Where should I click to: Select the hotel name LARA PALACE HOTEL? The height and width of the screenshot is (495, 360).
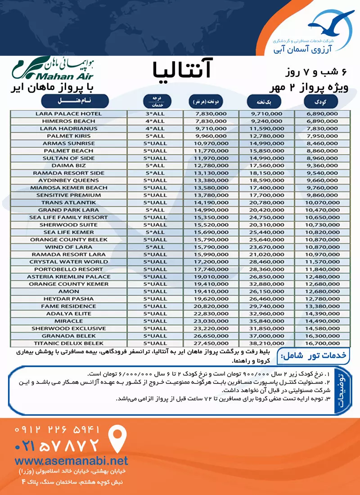[75, 114]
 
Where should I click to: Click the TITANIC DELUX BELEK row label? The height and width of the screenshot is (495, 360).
[75, 343]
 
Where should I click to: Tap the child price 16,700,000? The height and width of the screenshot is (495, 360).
[322, 343]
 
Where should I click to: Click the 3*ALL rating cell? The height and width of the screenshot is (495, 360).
[154, 114]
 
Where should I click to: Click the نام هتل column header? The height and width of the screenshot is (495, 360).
[75, 100]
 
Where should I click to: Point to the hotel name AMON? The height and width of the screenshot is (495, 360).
[75, 292]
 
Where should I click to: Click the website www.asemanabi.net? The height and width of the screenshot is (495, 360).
[71, 460]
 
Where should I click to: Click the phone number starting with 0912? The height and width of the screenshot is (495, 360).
[57, 429]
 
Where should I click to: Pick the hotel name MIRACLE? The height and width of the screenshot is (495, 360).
[75, 321]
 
